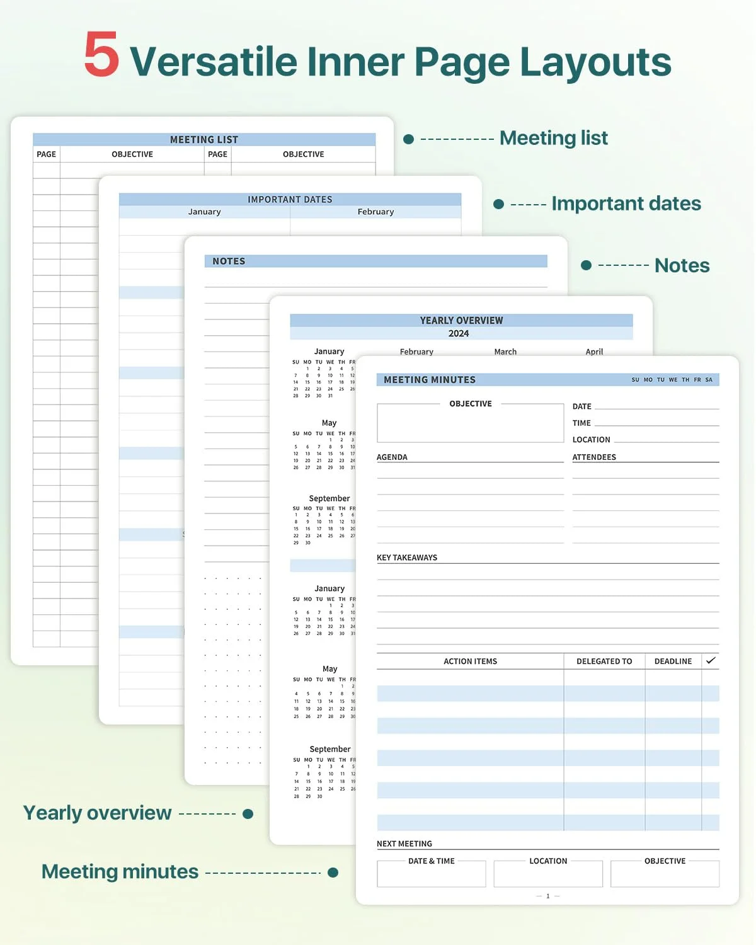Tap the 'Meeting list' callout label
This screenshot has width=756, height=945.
tap(553, 138)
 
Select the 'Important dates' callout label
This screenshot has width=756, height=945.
tap(626, 203)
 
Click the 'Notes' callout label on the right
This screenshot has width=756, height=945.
tap(682, 265)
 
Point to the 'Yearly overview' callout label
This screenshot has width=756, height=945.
tap(97, 813)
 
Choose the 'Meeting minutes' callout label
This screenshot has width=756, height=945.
tap(120, 871)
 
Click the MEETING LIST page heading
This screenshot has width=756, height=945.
tap(203, 139)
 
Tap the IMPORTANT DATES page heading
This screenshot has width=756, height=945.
tap(290, 199)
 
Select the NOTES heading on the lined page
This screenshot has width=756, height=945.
tap(229, 261)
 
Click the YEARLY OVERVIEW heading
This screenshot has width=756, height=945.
tap(461, 320)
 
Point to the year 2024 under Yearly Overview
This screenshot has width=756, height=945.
tap(459, 333)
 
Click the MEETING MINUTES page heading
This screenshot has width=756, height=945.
tap(430, 379)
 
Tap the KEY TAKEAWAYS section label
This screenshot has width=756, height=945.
tap(407, 558)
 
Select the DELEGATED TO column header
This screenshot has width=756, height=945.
tap(604, 661)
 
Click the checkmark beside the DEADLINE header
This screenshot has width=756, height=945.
tap(711, 660)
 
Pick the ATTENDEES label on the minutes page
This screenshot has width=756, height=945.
tap(594, 457)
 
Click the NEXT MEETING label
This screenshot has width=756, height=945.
tap(404, 844)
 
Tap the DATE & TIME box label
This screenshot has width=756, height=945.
tap(432, 861)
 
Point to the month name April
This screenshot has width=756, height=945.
tap(594, 352)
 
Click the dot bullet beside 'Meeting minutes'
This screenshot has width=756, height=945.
tap(333, 872)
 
